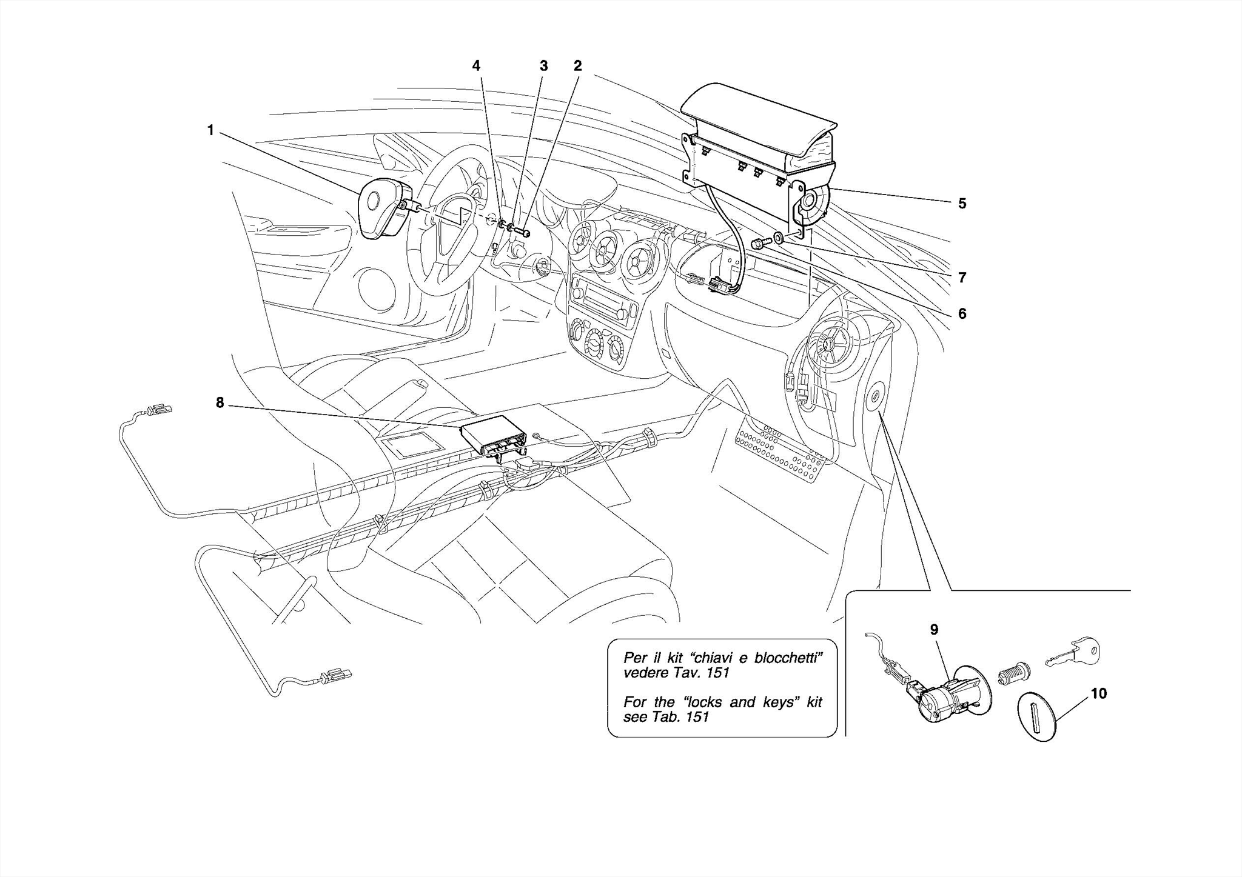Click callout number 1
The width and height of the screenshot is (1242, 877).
pyautogui.click(x=210, y=130)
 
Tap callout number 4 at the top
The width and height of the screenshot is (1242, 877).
pyautogui.click(x=476, y=65)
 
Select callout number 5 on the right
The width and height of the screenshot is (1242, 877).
pyautogui.click(x=962, y=204)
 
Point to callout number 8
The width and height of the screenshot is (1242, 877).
pyautogui.click(x=220, y=402)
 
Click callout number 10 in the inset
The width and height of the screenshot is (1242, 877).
pyautogui.click(x=1098, y=693)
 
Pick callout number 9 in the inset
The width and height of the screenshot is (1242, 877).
pyautogui.click(x=934, y=630)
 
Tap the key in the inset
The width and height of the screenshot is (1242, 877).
pyautogui.click(x=1073, y=653)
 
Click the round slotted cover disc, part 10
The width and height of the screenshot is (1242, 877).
pyautogui.click(x=1037, y=716)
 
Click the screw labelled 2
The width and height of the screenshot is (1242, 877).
pyautogui.click(x=525, y=232)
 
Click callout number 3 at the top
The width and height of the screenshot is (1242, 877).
pyautogui.click(x=543, y=65)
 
